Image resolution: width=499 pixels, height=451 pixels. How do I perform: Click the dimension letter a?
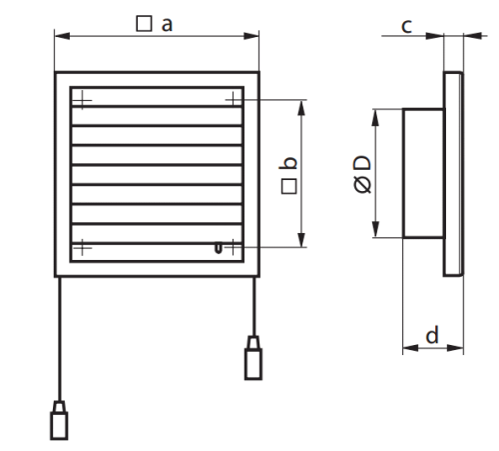167,25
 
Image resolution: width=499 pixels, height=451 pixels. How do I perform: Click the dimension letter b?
288,163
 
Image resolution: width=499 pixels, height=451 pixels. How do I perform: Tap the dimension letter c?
406,26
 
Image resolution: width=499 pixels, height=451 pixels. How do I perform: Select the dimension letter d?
432,335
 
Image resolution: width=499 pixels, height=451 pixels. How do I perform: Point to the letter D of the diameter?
362,163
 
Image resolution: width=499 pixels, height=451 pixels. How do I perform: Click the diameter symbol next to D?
362,185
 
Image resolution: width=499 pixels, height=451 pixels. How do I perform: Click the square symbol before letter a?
144,24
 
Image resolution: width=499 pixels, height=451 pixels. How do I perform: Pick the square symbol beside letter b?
288,186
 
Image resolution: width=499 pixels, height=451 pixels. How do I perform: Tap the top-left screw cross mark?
82,100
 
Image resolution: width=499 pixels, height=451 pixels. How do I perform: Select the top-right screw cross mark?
234,99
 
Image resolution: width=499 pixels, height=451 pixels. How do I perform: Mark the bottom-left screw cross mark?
82,248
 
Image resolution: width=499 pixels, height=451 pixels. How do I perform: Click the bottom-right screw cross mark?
233,247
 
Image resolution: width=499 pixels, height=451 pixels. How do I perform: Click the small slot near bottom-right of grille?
218,248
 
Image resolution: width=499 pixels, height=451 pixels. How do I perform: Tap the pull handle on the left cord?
59,420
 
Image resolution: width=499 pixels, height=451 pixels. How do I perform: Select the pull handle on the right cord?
253,358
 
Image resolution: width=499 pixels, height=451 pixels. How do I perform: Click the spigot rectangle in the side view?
423,173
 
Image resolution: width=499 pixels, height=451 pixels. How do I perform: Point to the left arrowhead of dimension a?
62,36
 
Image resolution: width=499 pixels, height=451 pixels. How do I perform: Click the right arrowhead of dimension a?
251,36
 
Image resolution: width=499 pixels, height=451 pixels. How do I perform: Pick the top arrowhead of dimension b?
301,108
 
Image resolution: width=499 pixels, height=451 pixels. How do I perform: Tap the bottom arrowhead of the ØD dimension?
375,229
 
